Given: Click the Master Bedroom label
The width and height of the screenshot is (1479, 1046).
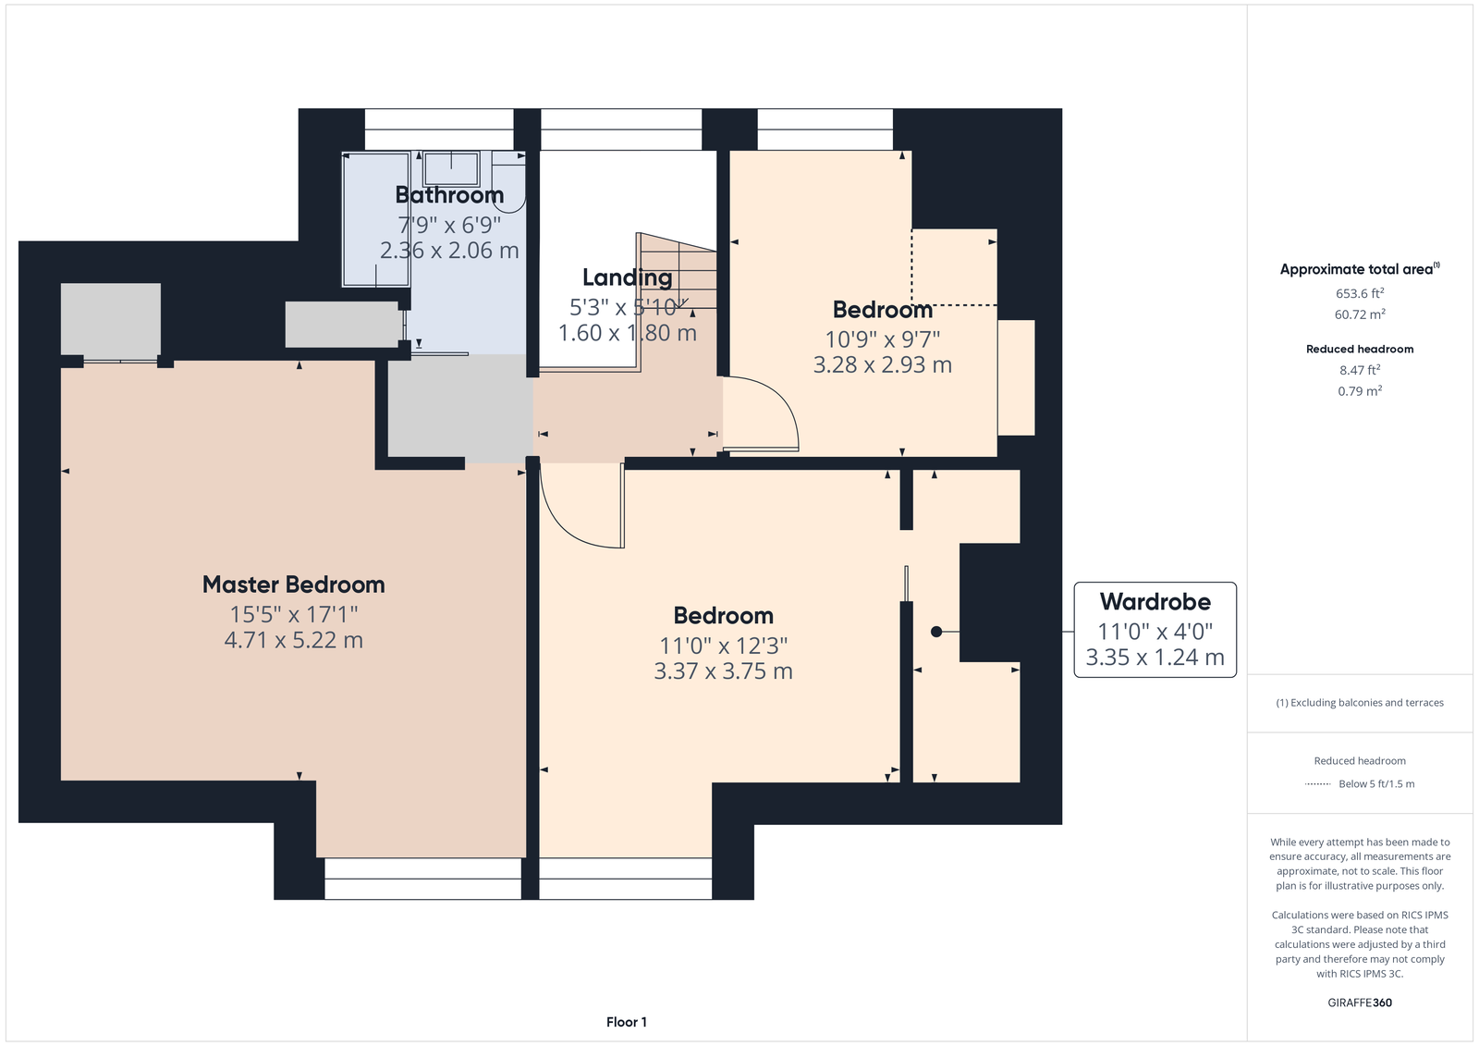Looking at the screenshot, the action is tap(293, 585).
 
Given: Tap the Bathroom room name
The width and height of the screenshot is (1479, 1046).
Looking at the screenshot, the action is tap(449, 195).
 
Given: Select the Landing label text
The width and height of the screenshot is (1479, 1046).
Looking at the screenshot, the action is tap(628, 277).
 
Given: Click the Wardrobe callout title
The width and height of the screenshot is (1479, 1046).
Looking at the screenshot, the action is tap(1155, 601).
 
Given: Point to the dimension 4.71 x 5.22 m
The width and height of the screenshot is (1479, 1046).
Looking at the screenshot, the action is tap(293, 640).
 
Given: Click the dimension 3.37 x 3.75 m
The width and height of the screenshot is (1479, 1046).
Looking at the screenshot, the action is tap(723, 671).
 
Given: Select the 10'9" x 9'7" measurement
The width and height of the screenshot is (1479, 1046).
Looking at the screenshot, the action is tap(882, 339).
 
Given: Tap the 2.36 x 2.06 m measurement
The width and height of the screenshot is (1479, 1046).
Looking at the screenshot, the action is tap(449, 251).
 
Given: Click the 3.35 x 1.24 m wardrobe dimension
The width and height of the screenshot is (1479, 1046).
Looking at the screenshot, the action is tap(1155, 658).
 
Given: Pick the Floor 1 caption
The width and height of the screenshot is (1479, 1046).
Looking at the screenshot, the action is tap(627, 1022).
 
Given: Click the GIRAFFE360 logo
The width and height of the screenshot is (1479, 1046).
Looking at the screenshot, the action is tap(1360, 1003).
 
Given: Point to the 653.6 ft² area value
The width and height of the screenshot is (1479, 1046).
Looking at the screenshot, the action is tap(1360, 293).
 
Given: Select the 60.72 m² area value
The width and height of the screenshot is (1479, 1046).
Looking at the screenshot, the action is tap(1360, 314).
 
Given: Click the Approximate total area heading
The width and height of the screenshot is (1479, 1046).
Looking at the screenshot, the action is tap(1360, 269).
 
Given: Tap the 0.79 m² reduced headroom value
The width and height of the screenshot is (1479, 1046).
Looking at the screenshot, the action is tap(1360, 390).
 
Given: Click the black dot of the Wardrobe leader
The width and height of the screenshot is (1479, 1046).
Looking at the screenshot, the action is tap(936, 632).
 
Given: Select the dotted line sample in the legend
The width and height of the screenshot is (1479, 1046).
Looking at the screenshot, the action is tap(1318, 784).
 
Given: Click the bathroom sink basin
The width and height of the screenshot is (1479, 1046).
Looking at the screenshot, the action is tap(452, 169).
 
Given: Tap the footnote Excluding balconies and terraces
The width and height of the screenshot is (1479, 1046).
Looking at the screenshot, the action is tap(1360, 702).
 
